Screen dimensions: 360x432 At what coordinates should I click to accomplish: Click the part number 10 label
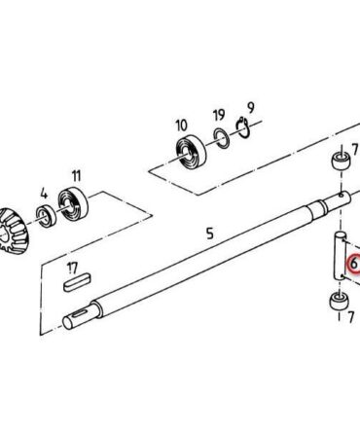(182, 126)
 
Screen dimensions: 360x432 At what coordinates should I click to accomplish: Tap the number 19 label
(219, 115)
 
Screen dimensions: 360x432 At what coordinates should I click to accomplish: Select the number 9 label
(251, 108)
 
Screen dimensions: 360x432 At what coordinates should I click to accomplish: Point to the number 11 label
(76, 176)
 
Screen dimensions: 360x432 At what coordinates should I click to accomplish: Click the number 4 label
(44, 194)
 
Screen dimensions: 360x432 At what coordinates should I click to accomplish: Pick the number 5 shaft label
(210, 234)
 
